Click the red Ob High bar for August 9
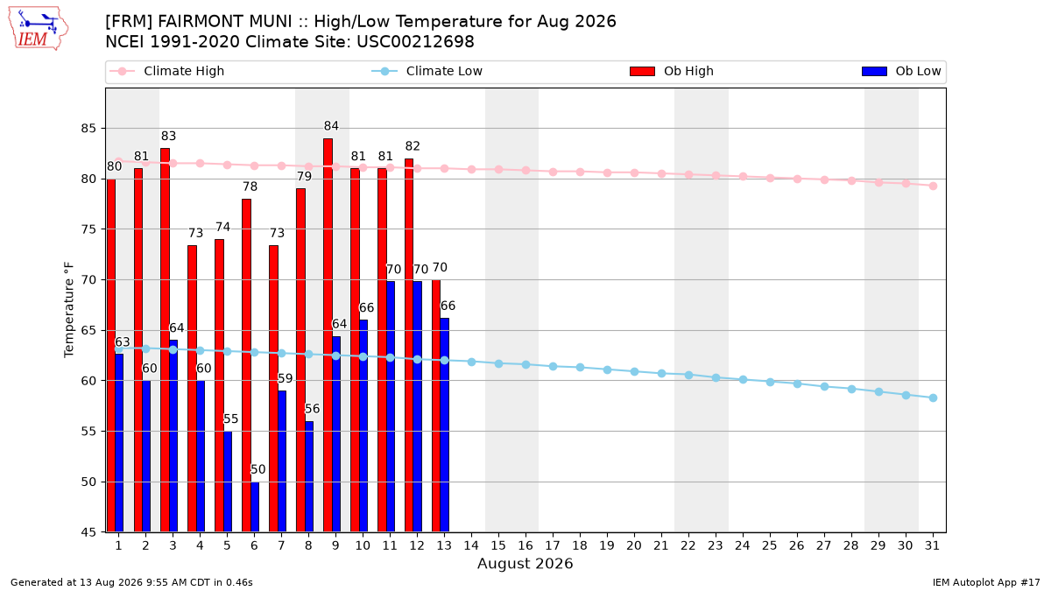(328, 335)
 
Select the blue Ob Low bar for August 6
(255, 507)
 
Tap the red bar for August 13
(436, 406)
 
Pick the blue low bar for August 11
(391, 406)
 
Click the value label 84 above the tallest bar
(331, 126)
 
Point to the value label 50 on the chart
(258, 469)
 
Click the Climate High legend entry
(167, 71)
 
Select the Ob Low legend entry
(901, 71)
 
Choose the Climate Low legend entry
(427, 71)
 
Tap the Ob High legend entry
(672, 71)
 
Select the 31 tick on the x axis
(932, 545)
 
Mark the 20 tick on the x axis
(634, 545)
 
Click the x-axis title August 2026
(525, 563)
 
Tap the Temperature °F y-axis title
(69, 310)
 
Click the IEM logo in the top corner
(38, 29)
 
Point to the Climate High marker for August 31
(934, 186)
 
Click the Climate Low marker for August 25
(770, 383)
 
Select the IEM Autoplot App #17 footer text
(986, 582)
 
